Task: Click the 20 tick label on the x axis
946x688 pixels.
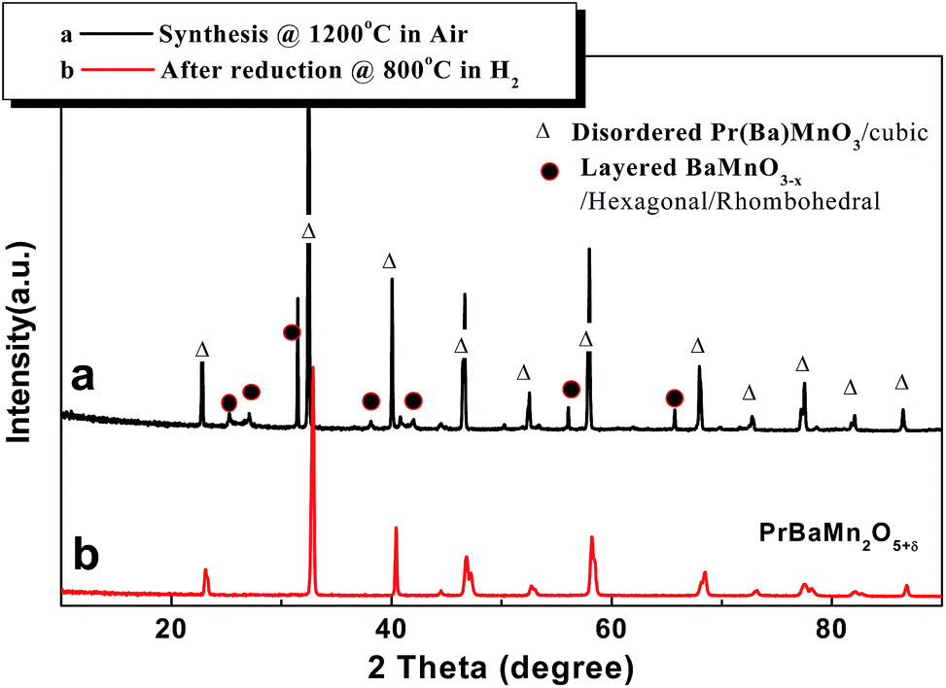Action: tap(171, 627)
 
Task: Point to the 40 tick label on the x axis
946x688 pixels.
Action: tap(391, 627)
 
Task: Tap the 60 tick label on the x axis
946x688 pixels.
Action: tap(611, 627)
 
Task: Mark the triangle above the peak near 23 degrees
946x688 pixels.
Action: tap(202, 349)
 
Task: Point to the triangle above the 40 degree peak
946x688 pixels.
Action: tap(390, 261)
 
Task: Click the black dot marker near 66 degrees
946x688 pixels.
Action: tap(674, 398)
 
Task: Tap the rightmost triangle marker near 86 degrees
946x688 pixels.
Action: tap(901, 383)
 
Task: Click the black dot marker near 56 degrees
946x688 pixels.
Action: tap(571, 389)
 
